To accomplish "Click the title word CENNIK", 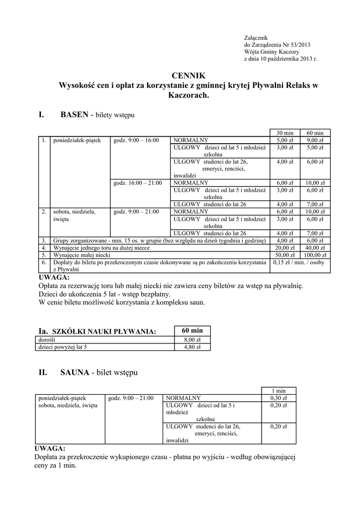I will (188, 76).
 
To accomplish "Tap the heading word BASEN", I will (74, 115).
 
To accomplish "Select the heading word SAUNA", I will (75, 372).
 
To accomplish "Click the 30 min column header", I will (285, 133).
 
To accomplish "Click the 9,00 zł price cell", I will (315, 140).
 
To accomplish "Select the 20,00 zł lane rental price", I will (285, 248).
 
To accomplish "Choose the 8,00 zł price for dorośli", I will (192, 340).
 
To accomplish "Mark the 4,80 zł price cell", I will (192, 347).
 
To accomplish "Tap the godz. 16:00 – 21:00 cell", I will (138, 183).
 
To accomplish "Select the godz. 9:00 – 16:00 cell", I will (136, 140).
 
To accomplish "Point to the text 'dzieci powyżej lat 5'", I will (62, 347).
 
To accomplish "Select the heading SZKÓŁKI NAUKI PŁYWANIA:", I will (104, 332).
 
